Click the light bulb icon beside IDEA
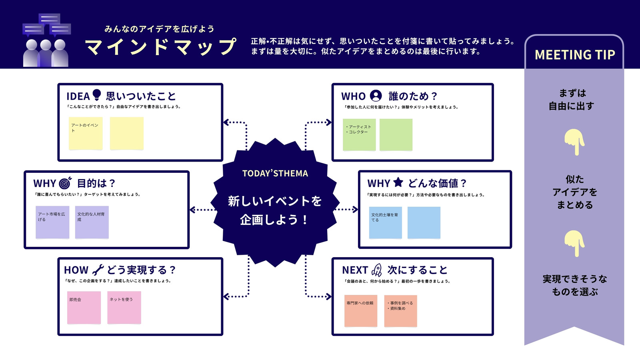pos(97,95)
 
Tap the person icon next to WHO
pos(376,96)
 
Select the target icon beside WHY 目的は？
pos(65,183)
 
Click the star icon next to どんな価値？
pos(398,182)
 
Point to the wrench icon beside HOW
pos(98,270)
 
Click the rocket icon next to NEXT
pos(376,270)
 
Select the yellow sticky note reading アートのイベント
pos(86,133)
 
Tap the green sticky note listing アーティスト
pos(359,134)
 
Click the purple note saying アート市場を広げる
pos(52,222)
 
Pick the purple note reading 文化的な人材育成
pos(92,222)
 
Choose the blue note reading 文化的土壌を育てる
pos(386,222)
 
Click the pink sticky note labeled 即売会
pos(84,308)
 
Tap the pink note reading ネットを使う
pos(124,308)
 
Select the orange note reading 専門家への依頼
pos(360,311)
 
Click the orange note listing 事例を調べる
pos(400,311)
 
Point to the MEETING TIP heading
pos(574,54)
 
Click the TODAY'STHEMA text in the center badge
pos(275,173)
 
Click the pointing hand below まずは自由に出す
pos(574,142)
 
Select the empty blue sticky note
pos(424,222)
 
